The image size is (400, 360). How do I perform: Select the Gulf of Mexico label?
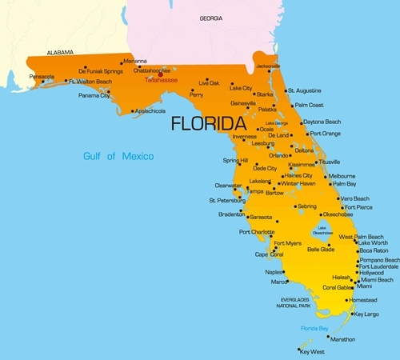coord(118,155)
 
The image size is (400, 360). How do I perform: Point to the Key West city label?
coord(314,351)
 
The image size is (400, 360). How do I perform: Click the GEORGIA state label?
coord(211,18)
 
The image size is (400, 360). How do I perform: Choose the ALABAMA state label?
coord(60,52)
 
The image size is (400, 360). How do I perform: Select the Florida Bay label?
coord(314,329)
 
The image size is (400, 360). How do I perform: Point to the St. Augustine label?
coord(304,90)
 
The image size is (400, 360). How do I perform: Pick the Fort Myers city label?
coord(288,243)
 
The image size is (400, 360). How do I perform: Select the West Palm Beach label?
coord(362,237)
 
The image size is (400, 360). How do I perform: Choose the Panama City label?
coord(94,95)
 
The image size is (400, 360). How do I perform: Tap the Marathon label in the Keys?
coord(342,339)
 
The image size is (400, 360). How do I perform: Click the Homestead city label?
coord(363,300)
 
